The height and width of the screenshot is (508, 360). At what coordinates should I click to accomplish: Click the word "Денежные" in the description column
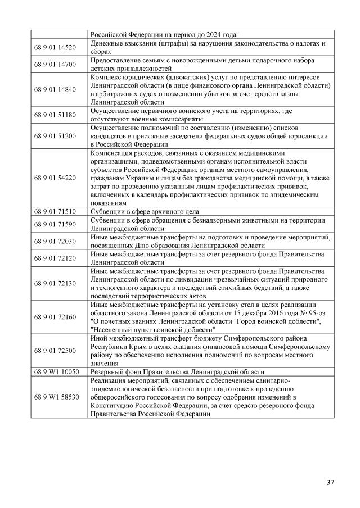point(107,43)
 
